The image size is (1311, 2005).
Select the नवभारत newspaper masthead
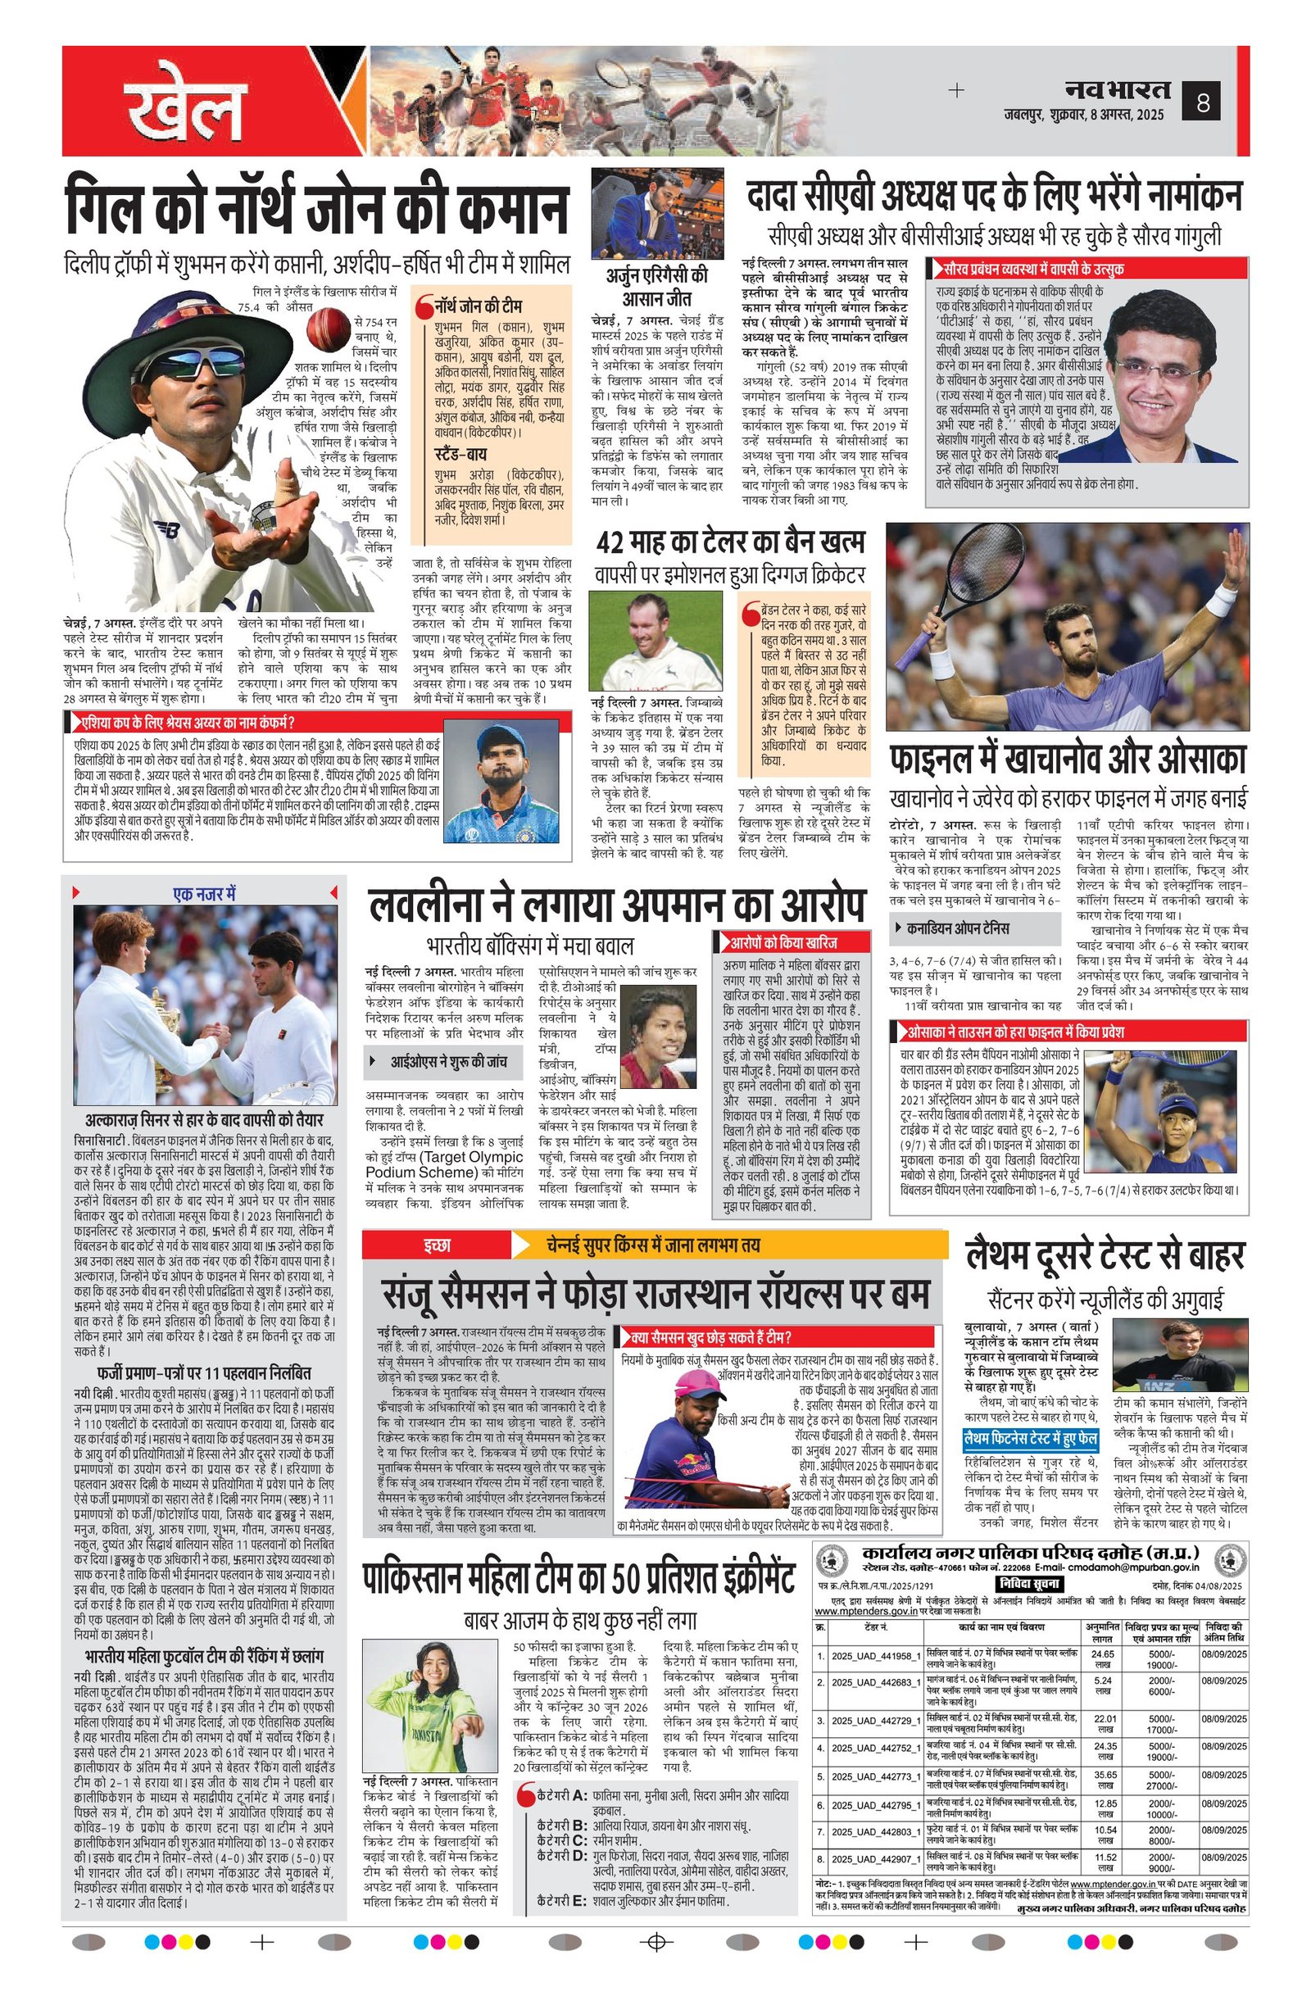[x=1117, y=88]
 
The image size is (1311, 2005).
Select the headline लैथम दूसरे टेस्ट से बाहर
[x=1105, y=1257]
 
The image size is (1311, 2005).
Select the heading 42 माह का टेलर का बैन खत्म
[x=729, y=542]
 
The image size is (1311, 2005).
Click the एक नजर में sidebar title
[x=204, y=894]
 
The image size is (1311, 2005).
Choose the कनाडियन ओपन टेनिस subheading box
[x=974, y=928]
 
